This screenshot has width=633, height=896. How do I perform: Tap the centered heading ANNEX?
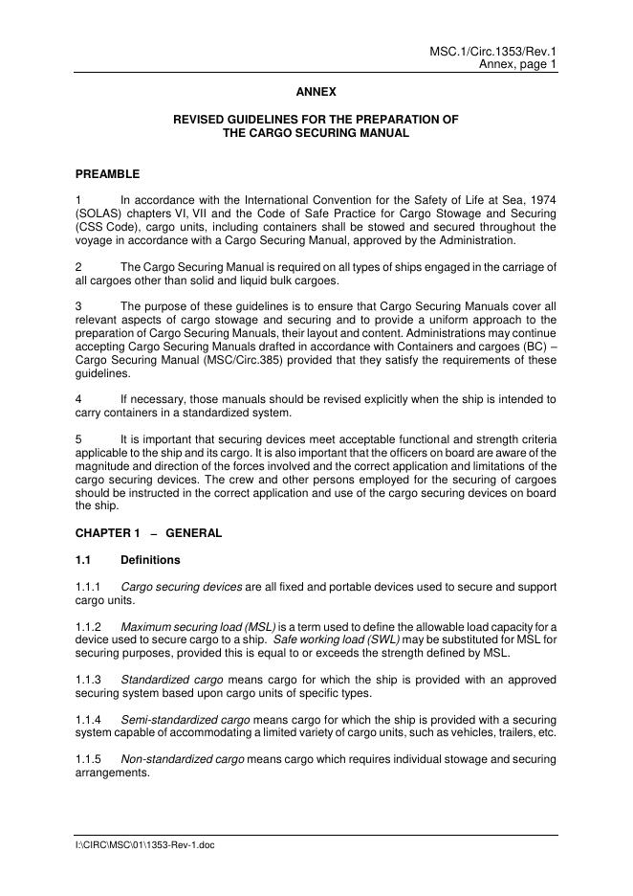click(x=316, y=92)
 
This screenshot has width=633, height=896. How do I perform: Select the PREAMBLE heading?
click(x=107, y=174)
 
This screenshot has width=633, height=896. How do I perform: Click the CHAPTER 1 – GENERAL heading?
click(x=148, y=533)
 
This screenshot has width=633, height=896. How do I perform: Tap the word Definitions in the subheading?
click(x=150, y=559)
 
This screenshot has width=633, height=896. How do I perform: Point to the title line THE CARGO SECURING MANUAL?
click(x=316, y=133)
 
